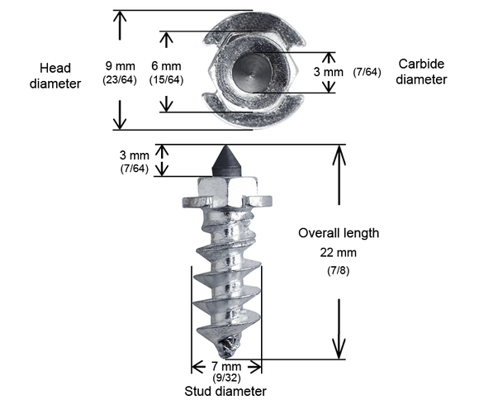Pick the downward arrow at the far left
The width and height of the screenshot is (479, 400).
(x=121, y=116)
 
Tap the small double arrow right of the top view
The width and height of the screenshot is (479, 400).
(x=329, y=73)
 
